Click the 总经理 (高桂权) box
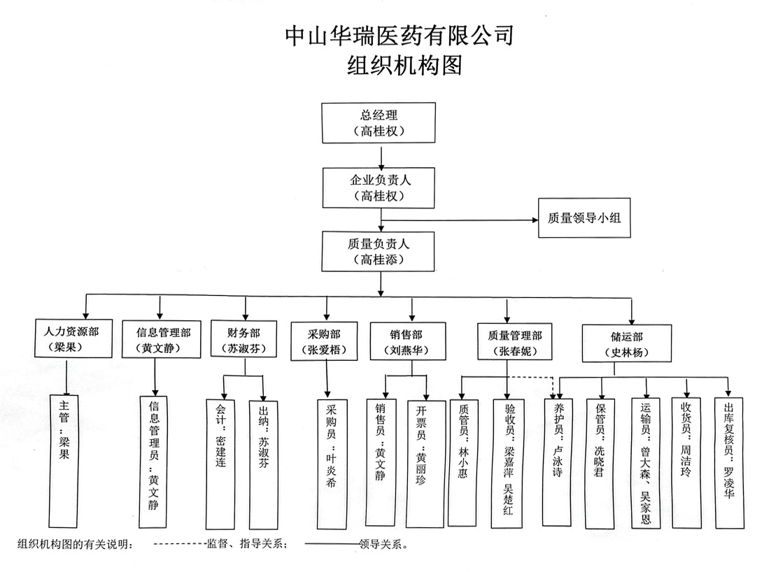point(379,123)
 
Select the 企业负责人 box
point(379,187)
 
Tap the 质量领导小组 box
point(584,217)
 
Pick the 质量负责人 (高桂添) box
point(378,252)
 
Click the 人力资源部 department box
point(73,338)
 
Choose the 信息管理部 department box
point(162,339)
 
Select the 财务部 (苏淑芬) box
point(243,338)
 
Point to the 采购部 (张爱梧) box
point(324,341)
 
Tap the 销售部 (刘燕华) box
point(408,341)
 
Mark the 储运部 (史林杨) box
point(627,343)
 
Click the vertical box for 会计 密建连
point(220,464)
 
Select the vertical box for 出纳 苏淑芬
point(263,464)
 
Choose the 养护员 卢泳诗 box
point(558,462)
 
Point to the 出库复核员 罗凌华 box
point(729,463)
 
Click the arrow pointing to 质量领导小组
point(460,220)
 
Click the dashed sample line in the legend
point(180,544)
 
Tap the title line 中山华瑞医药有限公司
point(399,36)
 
